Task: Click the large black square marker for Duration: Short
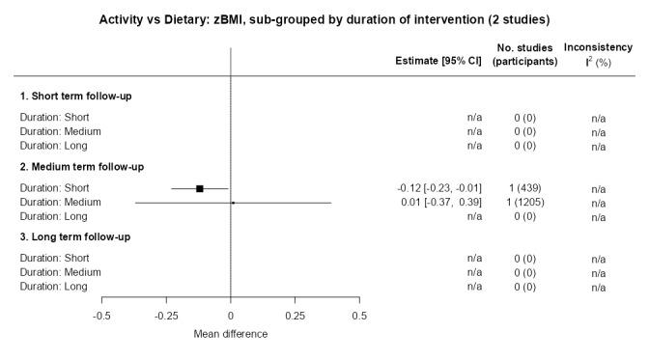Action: (200, 188)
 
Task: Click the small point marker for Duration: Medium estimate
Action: (233, 203)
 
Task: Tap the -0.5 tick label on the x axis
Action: (101, 316)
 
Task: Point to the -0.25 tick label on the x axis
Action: (165, 316)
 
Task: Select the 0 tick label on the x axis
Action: (230, 316)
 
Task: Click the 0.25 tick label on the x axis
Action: (295, 316)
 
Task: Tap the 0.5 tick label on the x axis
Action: (359, 316)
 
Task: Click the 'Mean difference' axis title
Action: (230, 334)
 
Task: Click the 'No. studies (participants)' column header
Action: (525, 54)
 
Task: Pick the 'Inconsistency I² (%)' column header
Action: (597, 54)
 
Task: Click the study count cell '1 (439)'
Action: (524, 188)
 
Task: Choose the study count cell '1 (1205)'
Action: (524, 203)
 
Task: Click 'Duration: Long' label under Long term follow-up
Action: (54, 287)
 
